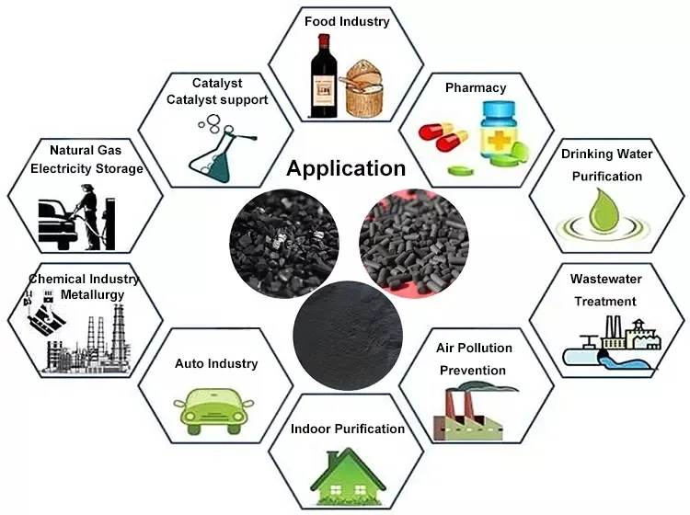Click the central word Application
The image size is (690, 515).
346,169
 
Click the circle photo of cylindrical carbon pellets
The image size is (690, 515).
414,244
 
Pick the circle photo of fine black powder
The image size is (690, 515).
348,335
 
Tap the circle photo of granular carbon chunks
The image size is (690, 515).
284,244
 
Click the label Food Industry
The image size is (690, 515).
347,21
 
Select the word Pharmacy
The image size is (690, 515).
476,88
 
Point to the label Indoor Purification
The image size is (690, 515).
348,429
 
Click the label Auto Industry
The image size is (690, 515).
216,363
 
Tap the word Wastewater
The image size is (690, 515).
606,279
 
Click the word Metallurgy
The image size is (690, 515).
92,294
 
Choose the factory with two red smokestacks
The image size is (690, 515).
467,414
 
